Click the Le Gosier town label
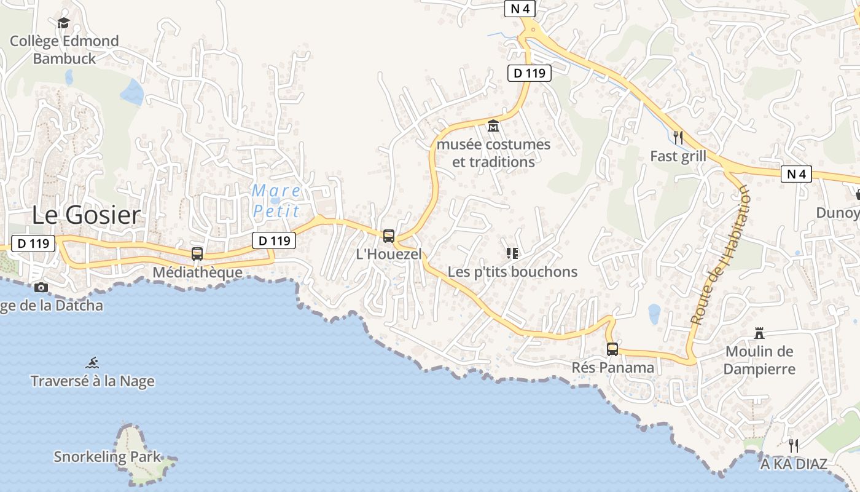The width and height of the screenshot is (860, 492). pyautogui.click(x=86, y=215)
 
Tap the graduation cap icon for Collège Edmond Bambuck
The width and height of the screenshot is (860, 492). pyautogui.click(x=63, y=23)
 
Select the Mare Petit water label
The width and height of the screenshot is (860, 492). pyautogui.click(x=276, y=201)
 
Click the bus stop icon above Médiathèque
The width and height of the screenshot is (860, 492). pyautogui.click(x=197, y=253)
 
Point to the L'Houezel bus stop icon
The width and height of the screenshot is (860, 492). pyautogui.click(x=389, y=236)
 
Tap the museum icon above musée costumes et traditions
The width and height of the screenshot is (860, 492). pyautogui.click(x=493, y=126)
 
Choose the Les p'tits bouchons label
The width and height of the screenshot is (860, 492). pyautogui.click(x=512, y=272)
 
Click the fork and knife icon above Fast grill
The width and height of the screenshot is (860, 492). pyautogui.click(x=678, y=137)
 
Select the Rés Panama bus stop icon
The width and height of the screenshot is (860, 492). pyautogui.click(x=612, y=349)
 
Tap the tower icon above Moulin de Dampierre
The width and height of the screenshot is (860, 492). pyautogui.click(x=759, y=333)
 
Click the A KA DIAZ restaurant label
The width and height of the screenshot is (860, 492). pyautogui.click(x=794, y=464)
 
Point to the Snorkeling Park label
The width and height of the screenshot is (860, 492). pyautogui.click(x=107, y=457)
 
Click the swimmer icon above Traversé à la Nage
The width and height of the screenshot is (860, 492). pyautogui.click(x=93, y=363)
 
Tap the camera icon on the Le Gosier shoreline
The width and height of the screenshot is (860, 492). pyautogui.click(x=41, y=287)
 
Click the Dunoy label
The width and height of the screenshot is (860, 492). pyautogui.click(x=837, y=213)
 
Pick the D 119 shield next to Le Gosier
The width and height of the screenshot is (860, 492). pyautogui.click(x=33, y=244)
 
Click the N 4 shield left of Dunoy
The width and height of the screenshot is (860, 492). pyautogui.click(x=796, y=174)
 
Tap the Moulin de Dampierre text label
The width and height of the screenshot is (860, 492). pyautogui.click(x=759, y=360)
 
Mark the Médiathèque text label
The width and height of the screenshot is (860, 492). pyautogui.click(x=197, y=272)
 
